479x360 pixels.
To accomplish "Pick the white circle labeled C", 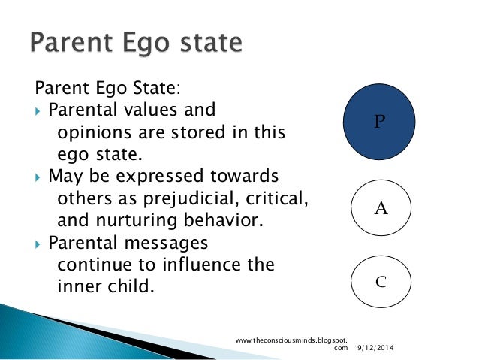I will (x=381, y=282).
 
